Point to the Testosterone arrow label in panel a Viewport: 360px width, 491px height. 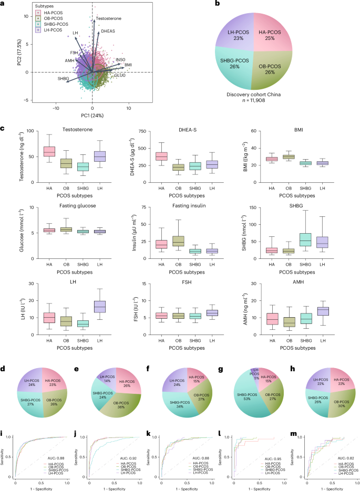(109, 18)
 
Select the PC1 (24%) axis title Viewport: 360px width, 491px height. (92, 114)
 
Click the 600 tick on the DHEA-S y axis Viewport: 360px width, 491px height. (145, 131)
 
